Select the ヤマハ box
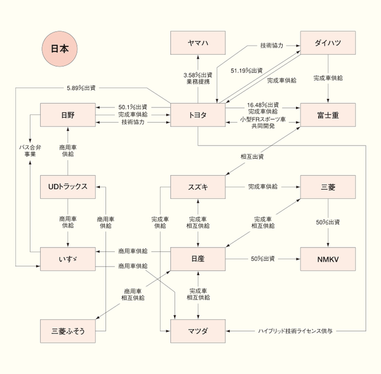(x=197, y=43)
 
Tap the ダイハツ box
(x=328, y=43)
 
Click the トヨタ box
(x=197, y=114)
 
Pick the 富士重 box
(x=328, y=114)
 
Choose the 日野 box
(x=68, y=114)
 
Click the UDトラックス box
(x=68, y=186)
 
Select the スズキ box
(x=197, y=186)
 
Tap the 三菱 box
(x=328, y=186)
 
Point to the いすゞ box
(x=68, y=258)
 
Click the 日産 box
(x=197, y=258)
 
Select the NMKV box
(x=328, y=258)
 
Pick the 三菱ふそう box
(x=68, y=330)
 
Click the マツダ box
(x=197, y=330)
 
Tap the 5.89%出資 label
(x=85, y=87)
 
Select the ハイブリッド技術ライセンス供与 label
(x=296, y=331)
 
